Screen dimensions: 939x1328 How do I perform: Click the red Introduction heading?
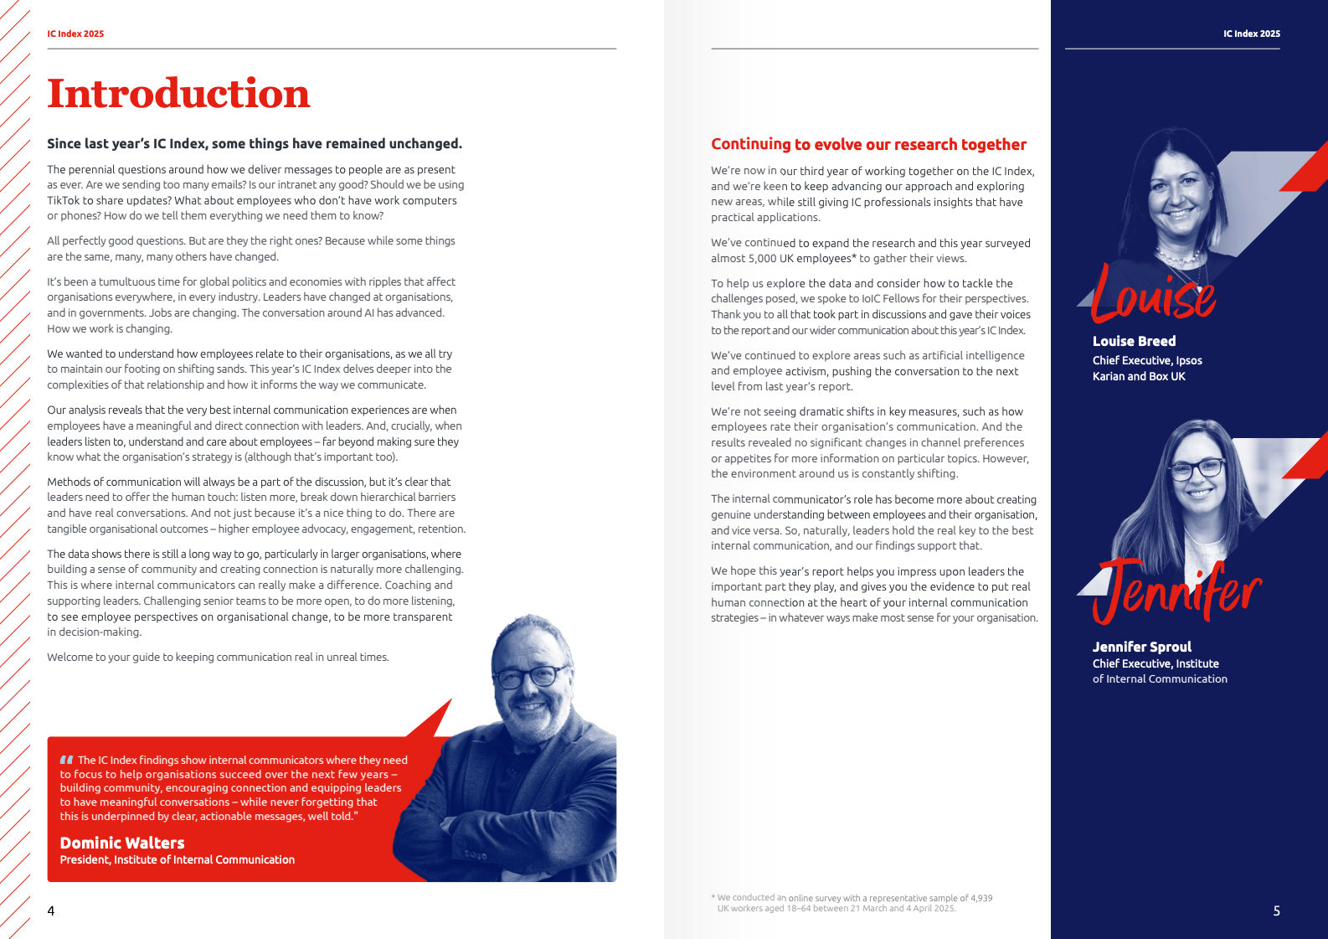[x=178, y=94]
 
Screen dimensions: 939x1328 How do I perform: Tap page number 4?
[x=51, y=911]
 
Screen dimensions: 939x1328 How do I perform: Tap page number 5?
[x=1276, y=911]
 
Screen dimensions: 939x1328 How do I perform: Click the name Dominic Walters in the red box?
[x=122, y=843]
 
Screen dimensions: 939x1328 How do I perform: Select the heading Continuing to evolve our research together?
[x=868, y=144]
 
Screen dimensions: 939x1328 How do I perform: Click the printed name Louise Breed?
[x=1134, y=341]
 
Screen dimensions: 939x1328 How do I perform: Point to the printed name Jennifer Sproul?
[x=1141, y=647]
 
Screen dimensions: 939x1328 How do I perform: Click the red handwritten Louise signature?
[x=1153, y=296]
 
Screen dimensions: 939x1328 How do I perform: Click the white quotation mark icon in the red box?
[x=67, y=760]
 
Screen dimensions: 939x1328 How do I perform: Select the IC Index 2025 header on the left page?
[x=75, y=34]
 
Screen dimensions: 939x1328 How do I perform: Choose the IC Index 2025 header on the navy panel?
[x=1251, y=34]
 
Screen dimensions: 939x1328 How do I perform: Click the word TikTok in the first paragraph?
[x=63, y=200]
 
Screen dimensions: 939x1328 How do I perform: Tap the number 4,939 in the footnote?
[x=981, y=898]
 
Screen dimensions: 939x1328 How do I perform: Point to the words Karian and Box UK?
[x=1139, y=376]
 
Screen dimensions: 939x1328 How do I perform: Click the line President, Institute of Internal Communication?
[x=177, y=859]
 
